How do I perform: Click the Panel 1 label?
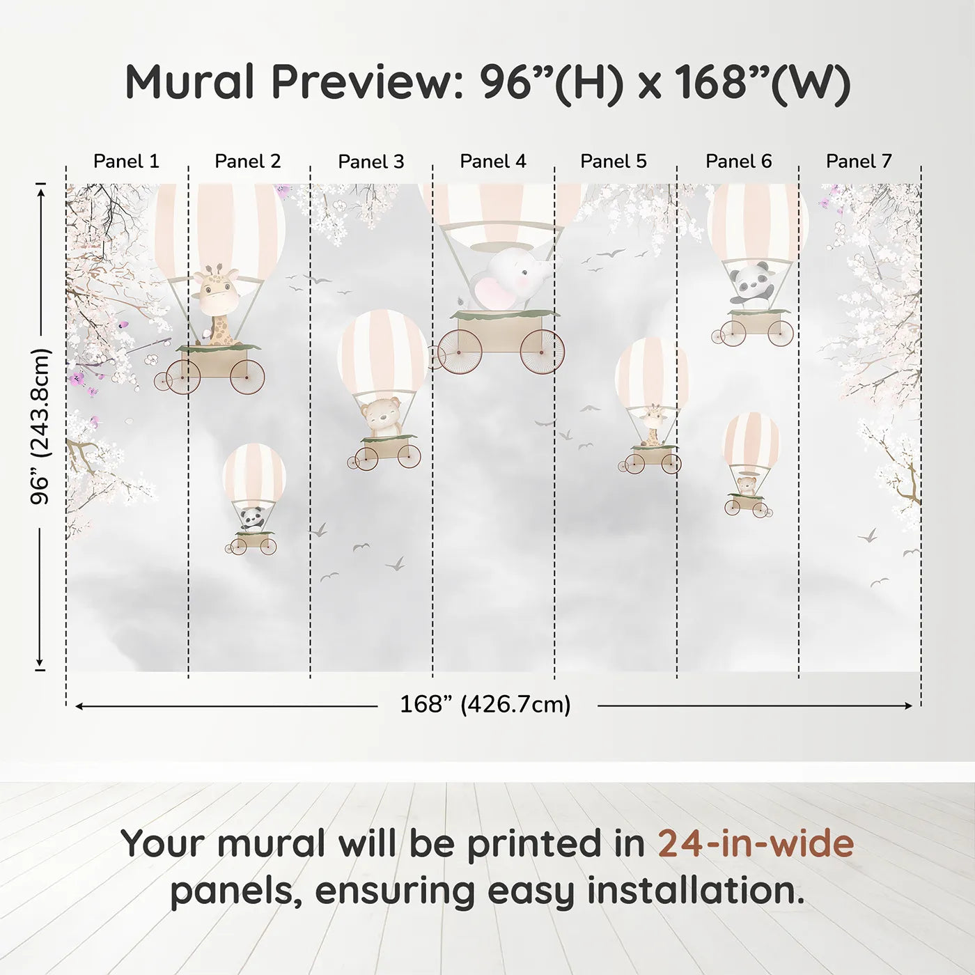(126, 162)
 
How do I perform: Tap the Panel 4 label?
(493, 162)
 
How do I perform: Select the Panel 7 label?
(859, 162)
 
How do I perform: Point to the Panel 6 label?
(738, 162)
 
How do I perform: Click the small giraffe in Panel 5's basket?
(653, 425)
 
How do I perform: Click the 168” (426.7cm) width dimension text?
(485, 705)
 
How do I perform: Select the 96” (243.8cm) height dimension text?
(40, 426)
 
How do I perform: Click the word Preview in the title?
(362, 82)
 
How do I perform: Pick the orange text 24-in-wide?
(756, 843)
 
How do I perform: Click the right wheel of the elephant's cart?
(542, 352)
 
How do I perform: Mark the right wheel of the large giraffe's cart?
(247, 377)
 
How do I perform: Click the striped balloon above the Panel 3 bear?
(383, 352)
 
